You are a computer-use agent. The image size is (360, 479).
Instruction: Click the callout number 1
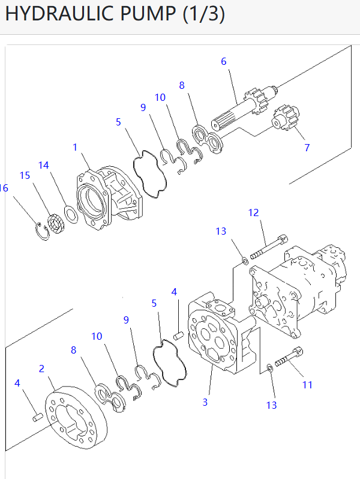pyautogui.click(x=75, y=147)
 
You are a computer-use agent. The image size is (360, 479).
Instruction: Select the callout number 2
pyautogui.click(x=41, y=368)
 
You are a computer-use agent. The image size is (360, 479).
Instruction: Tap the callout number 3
pyautogui.click(x=205, y=402)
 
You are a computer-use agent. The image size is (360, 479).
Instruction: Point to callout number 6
pyautogui.click(x=224, y=61)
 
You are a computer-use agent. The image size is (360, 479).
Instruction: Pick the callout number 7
pyautogui.click(x=307, y=147)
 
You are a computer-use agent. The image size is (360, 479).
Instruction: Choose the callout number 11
pyautogui.click(x=307, y=385)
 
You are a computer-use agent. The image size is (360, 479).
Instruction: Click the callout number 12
pyautogui.click(x=253, y=212)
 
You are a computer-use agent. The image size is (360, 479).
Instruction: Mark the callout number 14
pyautogui.click(x=44, y=165)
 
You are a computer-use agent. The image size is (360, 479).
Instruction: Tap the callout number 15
pyautogui.click(x=25, y=175)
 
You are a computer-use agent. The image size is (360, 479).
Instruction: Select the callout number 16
pyautogui.click(x=4, y=188)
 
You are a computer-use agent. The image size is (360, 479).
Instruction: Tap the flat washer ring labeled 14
pyautogui.click(x=70, y=213)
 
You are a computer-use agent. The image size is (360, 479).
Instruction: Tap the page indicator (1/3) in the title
pyautogui.click(x=204, y=14)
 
